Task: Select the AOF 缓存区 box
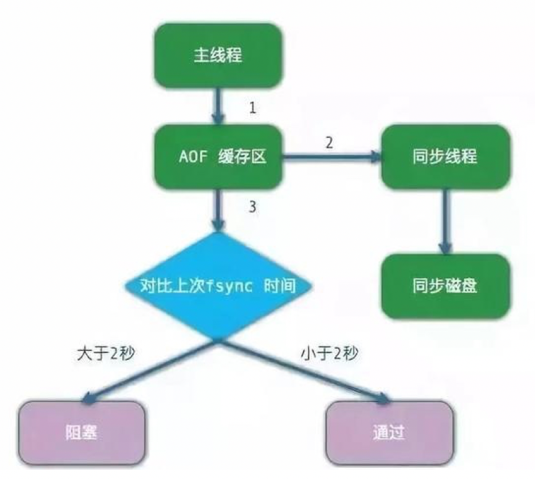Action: point(219,157)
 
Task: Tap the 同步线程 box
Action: point(445,157)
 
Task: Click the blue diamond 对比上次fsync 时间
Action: point(218,288)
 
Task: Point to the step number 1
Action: point(253,108)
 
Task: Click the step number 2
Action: point(329,142)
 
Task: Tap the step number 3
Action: point(253,207)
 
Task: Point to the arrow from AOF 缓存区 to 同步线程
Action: point(330,157)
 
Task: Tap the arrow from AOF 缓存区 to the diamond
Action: point(218,209)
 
